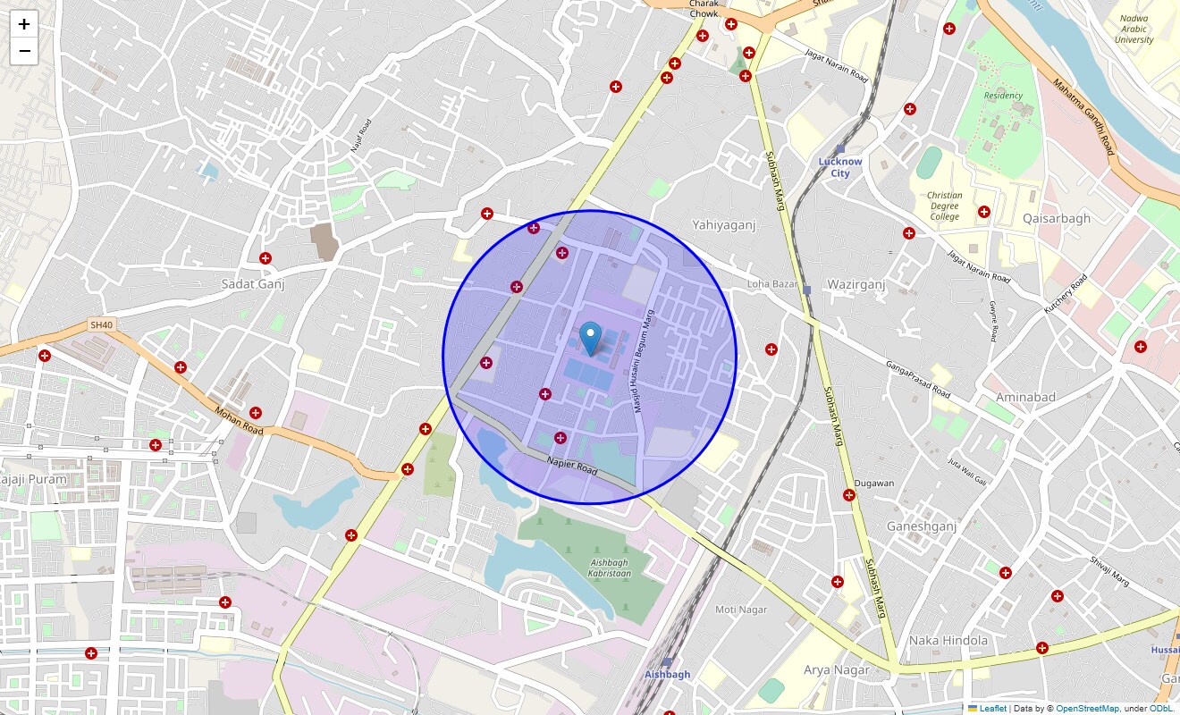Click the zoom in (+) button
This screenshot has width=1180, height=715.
point(24,24)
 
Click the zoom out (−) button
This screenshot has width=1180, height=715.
point(24,51)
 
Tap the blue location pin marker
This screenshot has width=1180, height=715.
point(590,339)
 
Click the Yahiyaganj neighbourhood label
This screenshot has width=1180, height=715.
point(724,225)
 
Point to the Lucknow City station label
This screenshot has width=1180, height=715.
point(840,167)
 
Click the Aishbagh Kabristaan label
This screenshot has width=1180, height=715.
point(610,568)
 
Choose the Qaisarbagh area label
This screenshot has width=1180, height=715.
point(1057,218)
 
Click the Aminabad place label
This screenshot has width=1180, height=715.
point(1026,397)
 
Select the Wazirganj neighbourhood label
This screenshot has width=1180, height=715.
point(855,284)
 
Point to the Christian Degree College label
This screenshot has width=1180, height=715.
point(944,206)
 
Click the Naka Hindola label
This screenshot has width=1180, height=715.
point(948,640)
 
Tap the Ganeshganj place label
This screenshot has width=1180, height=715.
point(922,526)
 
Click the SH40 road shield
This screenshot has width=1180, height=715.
point(102,325)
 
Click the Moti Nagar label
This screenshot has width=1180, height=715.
point(741,610)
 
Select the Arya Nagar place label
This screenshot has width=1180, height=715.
point(836,669)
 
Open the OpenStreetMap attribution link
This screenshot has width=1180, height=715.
point(1086,709)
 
